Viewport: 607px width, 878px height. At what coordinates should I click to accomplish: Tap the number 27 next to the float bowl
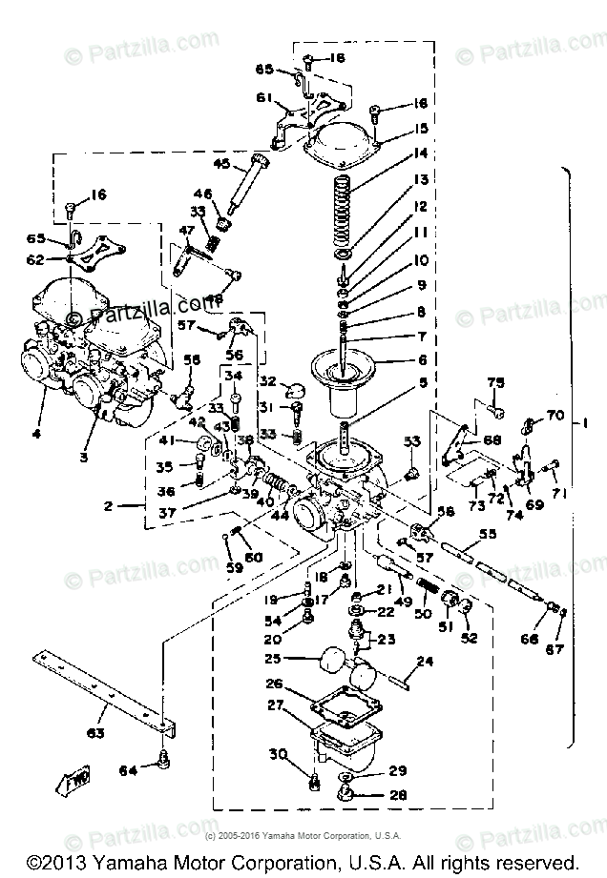[275, 706]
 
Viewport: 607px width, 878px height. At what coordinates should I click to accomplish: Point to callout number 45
[221, 164]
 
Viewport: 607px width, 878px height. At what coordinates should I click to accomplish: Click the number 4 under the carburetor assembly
[36, 435]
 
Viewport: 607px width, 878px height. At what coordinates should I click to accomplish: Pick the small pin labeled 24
[398, 679]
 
